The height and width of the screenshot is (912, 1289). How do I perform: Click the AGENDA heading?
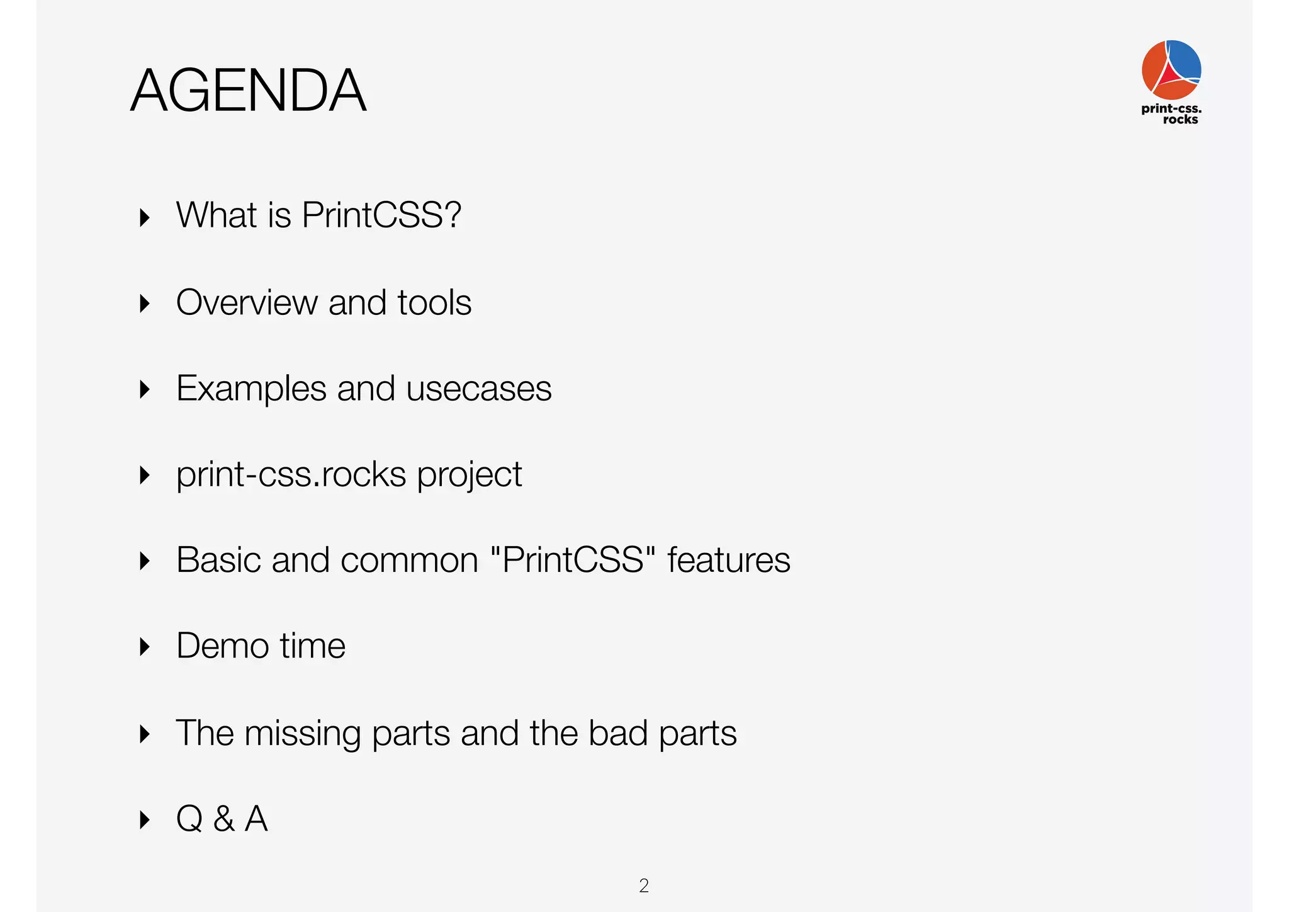click(248, 91)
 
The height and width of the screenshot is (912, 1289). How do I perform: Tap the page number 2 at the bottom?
click(644, 886)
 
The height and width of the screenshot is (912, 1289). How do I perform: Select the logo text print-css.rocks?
click(1171, 113)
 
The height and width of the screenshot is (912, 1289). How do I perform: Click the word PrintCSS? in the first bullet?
click(381, 215)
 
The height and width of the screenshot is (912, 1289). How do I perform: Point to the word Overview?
click(247, 302)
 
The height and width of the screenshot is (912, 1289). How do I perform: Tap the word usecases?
click(479, 389)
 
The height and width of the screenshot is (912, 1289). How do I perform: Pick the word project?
click(470, 476)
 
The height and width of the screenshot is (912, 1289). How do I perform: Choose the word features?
click(728, 560)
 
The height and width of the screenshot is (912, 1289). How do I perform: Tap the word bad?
click(618, 733)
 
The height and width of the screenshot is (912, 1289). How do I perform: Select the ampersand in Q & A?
click(223, 819)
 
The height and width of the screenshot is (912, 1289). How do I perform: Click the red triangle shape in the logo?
click(1169, 77)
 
